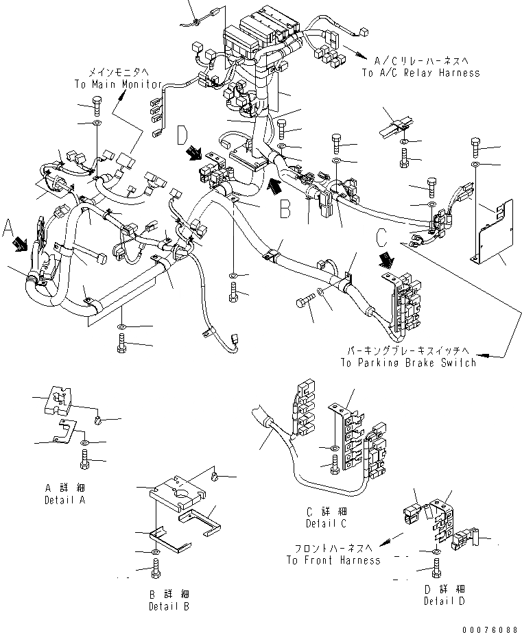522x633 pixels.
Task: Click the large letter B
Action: (x=285, y=208)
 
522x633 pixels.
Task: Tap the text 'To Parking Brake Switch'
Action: (x=407, y=362)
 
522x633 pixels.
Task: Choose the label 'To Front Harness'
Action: (x=333, y=560)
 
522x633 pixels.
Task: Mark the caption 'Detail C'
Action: (x=326, y=523)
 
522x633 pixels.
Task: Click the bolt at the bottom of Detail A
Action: (x=84, y=464)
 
